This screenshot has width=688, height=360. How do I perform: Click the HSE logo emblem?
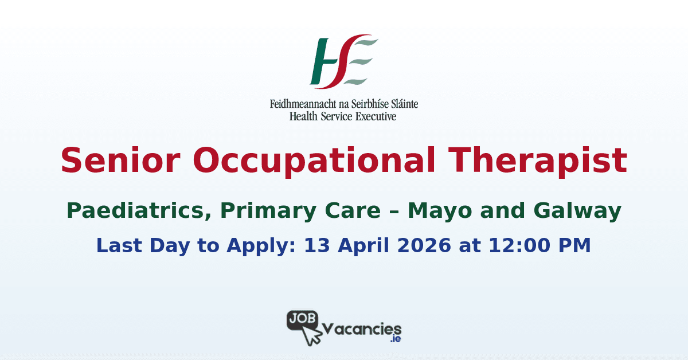point(343,62)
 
